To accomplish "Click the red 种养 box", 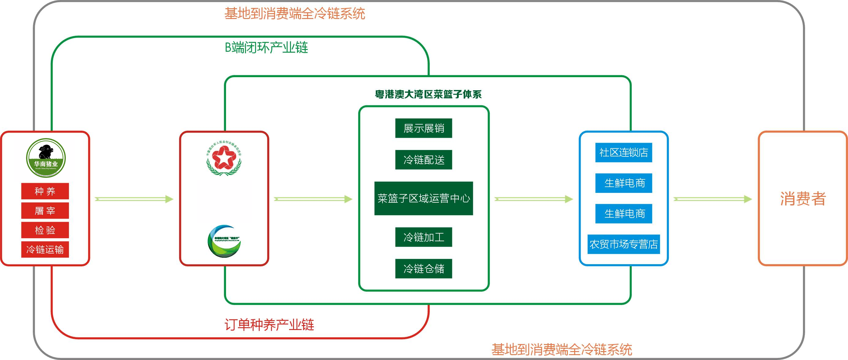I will click(45, 191).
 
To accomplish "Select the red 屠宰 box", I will click(45, 211).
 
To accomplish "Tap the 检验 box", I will click(45, 230).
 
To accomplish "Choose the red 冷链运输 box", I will click(45, 249).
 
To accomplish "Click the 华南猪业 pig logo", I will click(46, 158).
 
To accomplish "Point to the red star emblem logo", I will click(224, 158).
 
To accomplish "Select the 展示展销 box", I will click(423, 128).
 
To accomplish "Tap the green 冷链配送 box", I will click(423, 159).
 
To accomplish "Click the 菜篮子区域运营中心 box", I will click(423, 198).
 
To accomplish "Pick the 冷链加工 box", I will click(423, 237).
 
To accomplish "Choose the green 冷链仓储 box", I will click(423, 268).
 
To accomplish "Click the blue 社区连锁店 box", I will click(624, 152).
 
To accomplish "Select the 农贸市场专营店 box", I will click(624, 244).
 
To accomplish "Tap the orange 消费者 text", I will click(803, 199).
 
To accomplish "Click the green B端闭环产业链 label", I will click(266, 48).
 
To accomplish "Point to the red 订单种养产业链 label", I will click(269, 325).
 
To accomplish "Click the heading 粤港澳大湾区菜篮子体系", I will click(428, 95).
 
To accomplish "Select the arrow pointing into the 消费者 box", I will click(713, 199).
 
